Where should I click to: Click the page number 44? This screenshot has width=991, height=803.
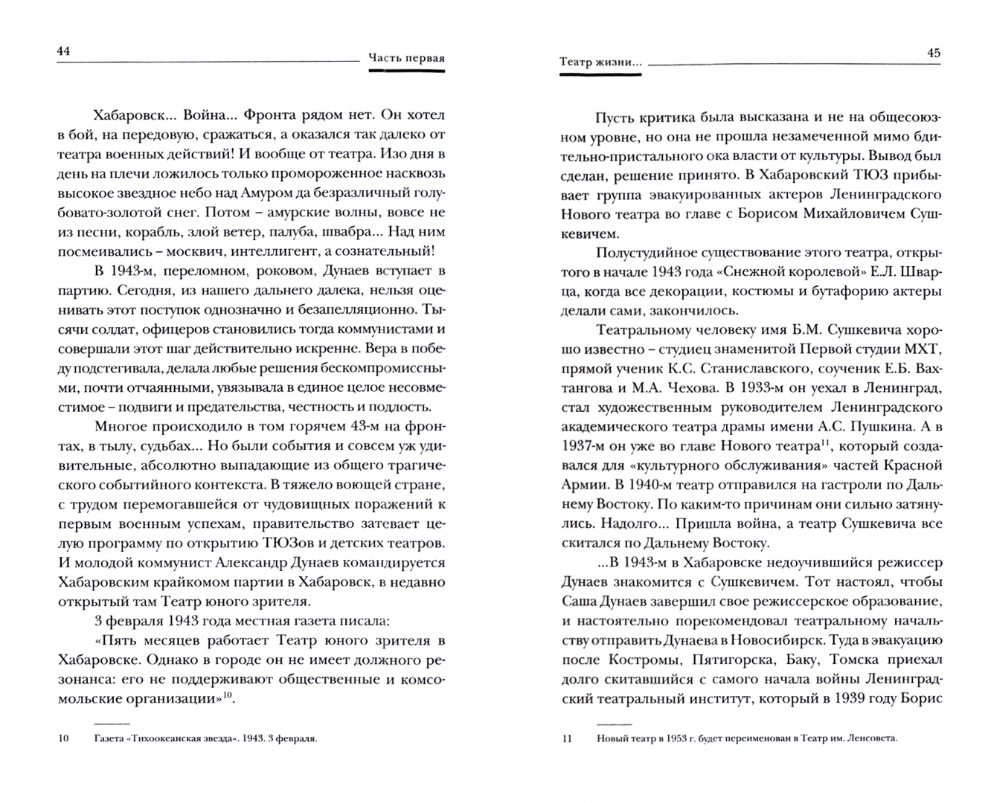[63, 51]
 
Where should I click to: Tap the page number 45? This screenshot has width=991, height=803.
[933, 53]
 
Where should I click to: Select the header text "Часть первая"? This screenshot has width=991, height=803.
[406, 59]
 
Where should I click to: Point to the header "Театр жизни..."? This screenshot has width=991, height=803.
[600, 62]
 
